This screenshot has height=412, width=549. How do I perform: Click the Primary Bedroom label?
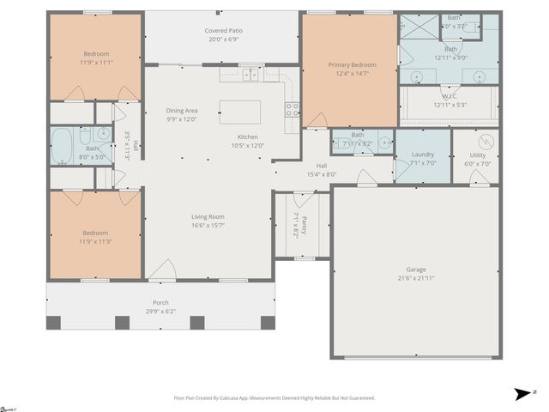coord(352,64)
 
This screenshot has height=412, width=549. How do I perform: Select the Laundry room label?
coord(423,154)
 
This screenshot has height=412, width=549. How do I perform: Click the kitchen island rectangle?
coord(240,112)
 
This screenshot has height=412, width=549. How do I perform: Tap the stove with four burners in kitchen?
coord(293,109)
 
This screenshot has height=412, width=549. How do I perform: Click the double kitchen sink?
coord(251,75)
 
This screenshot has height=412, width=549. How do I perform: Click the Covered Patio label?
coord(221,31)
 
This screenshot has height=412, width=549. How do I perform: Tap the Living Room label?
coord(208,216)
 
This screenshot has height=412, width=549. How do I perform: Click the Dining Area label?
coord(182,110)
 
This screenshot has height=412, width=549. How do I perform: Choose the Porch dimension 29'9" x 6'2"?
coord(160,312)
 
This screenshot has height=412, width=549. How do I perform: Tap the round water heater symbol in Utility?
coord(486,141)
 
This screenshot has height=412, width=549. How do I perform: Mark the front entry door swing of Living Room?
coord(162,270)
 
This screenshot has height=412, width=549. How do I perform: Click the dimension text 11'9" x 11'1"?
coord(96,63)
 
